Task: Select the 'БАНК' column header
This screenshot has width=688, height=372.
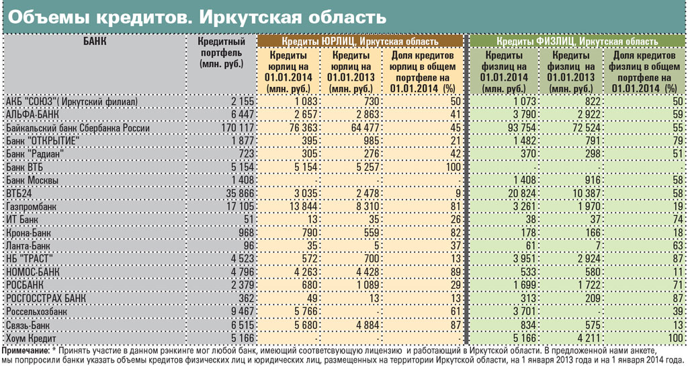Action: click(95, 41)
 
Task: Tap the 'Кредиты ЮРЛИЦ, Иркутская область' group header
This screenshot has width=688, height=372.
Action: click(359, 42)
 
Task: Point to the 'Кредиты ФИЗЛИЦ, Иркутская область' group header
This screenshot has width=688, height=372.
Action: click(577, 42)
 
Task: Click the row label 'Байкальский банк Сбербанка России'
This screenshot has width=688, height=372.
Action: click(77, 128)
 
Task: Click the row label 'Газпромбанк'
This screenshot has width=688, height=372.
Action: click(30, 207)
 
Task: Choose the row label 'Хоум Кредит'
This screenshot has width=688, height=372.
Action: click(30, 338)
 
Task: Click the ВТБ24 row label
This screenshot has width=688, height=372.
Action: click(19, 194)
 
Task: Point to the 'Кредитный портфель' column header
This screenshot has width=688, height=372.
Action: click(222, 52)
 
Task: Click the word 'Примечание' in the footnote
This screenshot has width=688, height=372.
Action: click(26, 350)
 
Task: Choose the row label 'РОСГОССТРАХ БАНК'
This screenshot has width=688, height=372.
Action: click(45, 298)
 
